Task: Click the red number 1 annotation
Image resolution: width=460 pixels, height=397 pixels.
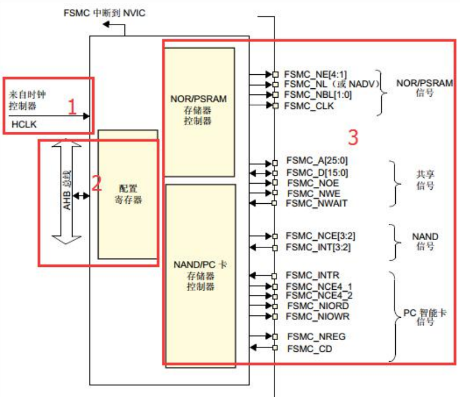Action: click(x=71, y=107)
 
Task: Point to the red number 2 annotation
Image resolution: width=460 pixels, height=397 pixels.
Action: click(x=96, y=184)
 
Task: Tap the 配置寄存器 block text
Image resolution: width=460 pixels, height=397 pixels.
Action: click(x=128, y=194)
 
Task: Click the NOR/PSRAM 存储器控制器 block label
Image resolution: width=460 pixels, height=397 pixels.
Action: click(x=199, y=110)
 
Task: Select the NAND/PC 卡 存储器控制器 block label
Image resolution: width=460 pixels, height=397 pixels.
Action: click(x=200, y=275)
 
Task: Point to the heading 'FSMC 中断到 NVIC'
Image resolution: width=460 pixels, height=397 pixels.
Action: click(x=104, y=12)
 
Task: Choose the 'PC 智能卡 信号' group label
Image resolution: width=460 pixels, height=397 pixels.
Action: click(x=425, y=318)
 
